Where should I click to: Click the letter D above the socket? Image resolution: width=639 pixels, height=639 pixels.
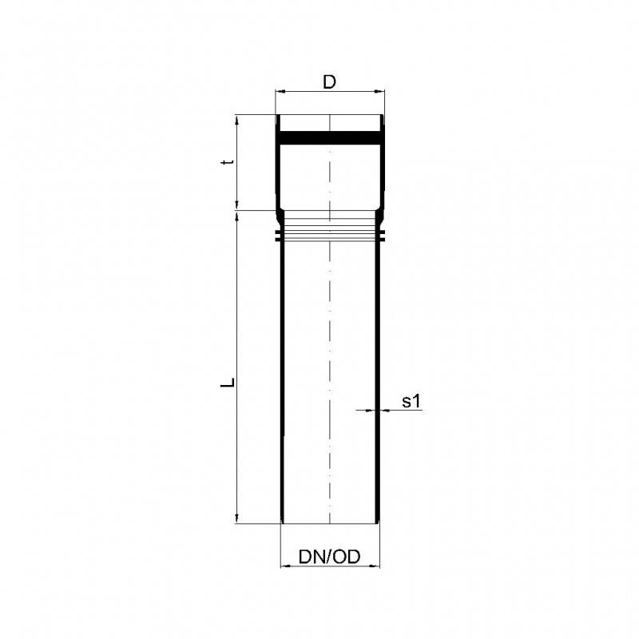(x=329, y=81)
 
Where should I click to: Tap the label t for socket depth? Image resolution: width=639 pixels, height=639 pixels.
(x=228, y=162)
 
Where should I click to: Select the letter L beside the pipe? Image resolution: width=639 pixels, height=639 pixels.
(x=228, y=382)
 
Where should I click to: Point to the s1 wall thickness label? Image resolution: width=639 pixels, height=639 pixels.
(x=411, y=402)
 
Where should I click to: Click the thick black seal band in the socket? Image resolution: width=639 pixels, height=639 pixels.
(x=329, y=138)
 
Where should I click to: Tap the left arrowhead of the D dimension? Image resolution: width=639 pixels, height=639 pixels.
(x=280, y=92)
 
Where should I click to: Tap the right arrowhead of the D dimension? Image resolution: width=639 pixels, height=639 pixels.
(x=381, y=92)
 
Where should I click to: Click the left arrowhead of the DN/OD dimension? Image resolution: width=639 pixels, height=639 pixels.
(x=284, y=566)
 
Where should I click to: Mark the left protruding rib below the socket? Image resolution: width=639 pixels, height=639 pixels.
(x=277, y=237)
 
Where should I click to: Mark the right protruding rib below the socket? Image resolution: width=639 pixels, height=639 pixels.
(x=383, y=237)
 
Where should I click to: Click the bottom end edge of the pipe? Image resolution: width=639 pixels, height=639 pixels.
(x=329, y=523)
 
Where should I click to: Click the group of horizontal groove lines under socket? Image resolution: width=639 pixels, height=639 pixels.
(x=329, y=228)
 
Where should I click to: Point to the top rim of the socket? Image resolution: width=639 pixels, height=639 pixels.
(x=329, y=117)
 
